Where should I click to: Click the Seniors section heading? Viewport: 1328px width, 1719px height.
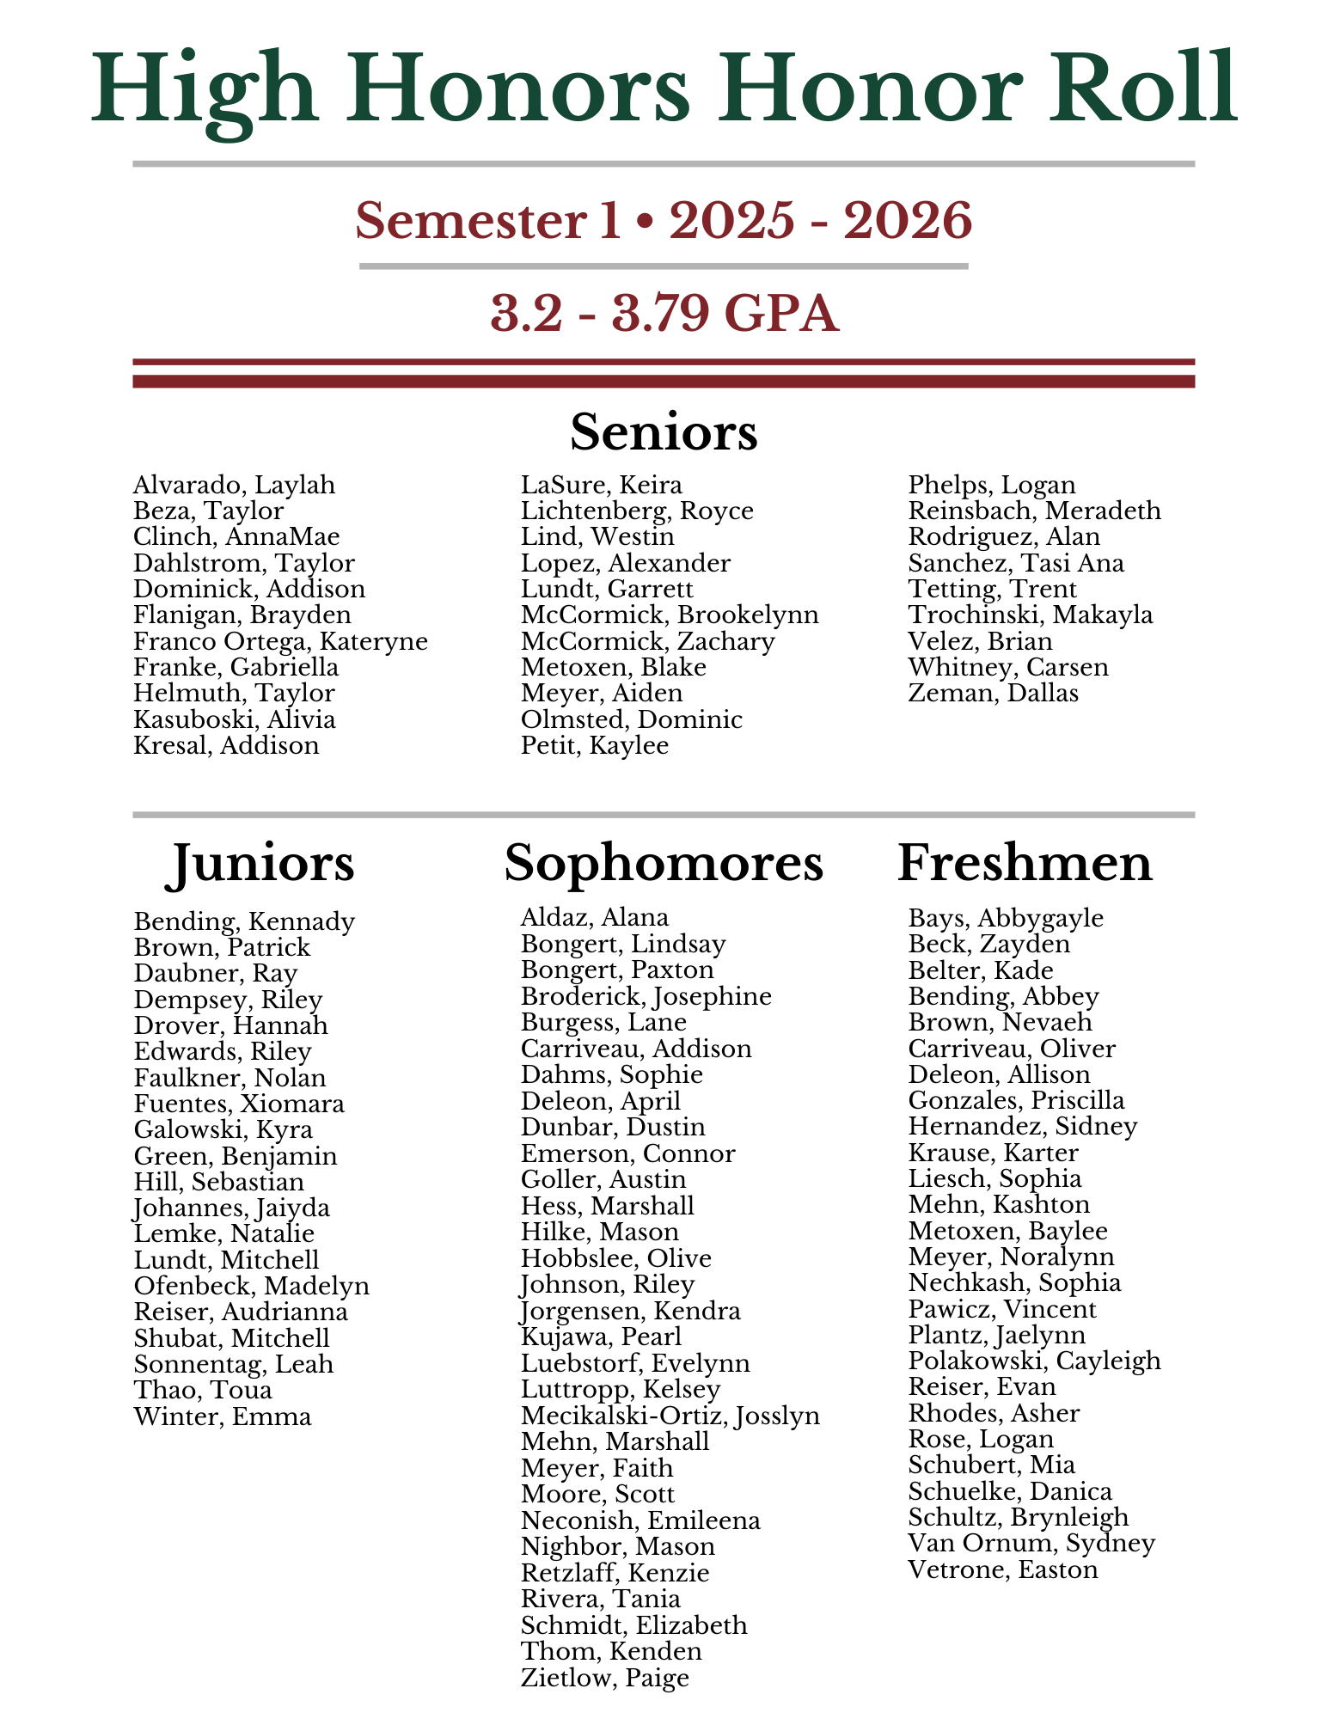(x=664, y=432)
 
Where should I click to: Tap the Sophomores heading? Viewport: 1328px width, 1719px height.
(x=664, y=863)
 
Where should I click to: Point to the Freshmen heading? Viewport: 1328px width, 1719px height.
(x=1025, y=863)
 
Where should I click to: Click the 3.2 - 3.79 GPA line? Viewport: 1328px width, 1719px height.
(x=664, y=314)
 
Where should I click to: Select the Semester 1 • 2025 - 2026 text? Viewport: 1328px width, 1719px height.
(x=664, y=221)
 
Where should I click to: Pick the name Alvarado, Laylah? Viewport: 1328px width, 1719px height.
(x=234, y=486)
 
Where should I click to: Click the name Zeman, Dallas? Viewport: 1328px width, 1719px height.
(x=993, y=694)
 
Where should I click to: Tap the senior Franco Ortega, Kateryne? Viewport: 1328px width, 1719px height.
(x=280, y=642)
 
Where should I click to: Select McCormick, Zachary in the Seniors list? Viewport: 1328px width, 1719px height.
(x=647, y=642)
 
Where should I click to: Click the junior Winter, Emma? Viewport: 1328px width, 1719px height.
(x=223, y=1416)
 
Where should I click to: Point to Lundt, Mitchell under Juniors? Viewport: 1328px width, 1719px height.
(x=226, y=1261)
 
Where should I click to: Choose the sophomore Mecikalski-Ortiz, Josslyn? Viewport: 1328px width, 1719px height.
(x=670, y=1416)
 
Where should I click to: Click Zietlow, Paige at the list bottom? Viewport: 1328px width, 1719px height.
(x=604, y=1677)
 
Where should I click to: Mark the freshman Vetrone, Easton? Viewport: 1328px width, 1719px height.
(x=1003, y=1570)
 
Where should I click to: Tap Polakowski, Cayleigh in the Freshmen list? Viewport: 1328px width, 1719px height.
(x=1034, y=1361)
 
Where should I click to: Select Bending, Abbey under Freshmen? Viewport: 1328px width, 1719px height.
(x=1003, y=997)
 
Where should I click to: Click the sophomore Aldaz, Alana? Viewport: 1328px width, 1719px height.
(x=594, y=918)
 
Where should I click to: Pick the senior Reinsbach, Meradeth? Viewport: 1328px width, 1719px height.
(x=1034, y=511)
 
